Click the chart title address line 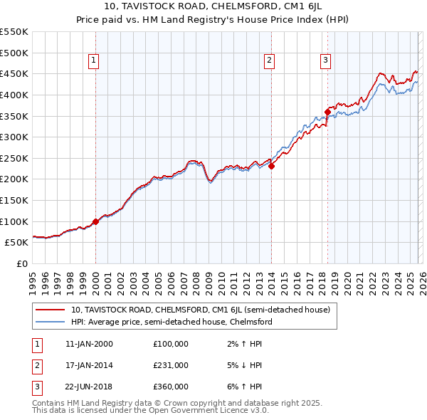[213, 7]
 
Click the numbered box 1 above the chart [95, 61]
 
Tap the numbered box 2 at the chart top [270, 61]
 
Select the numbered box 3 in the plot [325, 61]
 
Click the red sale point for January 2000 [95, 221]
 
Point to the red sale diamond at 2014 [272, 167]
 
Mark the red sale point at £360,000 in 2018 [327, 112]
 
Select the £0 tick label [21, 263]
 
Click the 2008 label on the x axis [196, 282]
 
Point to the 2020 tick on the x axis [347, 282]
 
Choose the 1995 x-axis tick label [33, 282]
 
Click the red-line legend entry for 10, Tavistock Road [200, 310]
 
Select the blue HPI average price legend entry [172, 322]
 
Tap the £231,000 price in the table [171, 365]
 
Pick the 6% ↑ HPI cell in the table [243, 387]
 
